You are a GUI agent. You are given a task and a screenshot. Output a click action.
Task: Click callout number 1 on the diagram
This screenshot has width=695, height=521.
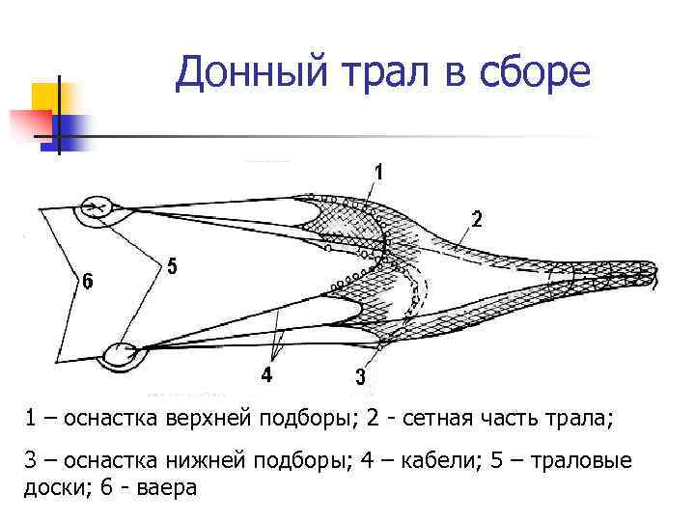click(378, 173)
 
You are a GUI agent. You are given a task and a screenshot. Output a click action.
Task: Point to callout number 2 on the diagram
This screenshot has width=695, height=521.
click(477, 219)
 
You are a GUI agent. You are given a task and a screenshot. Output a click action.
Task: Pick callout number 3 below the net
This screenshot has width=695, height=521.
click(360, 377)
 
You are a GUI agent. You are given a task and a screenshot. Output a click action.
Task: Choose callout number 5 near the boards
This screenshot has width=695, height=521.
click(172, 266)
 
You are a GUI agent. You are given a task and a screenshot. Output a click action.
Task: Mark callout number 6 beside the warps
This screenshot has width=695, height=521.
click(88, 282)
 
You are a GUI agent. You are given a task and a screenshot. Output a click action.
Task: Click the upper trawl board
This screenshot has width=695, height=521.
click(97, 207)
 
